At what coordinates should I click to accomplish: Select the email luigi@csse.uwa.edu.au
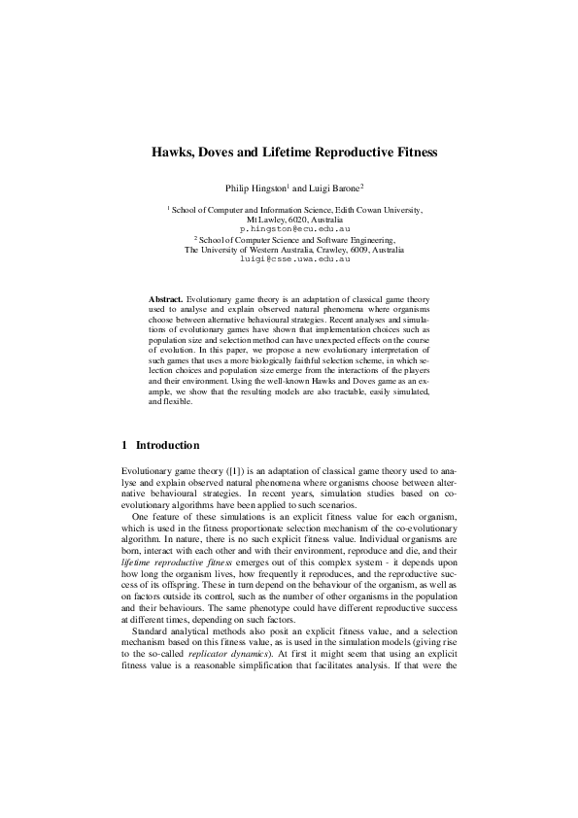289,259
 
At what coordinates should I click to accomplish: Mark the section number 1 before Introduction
124,445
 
